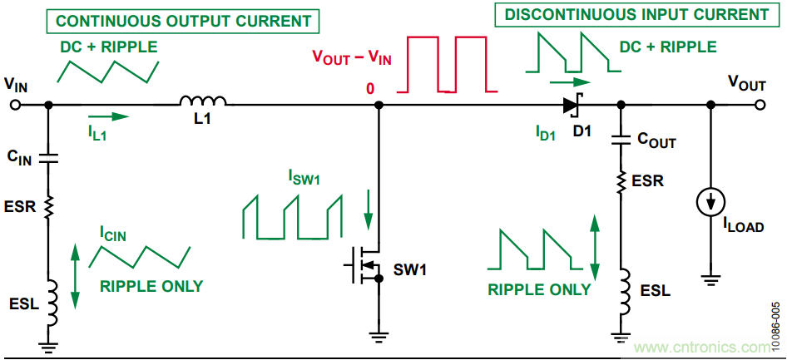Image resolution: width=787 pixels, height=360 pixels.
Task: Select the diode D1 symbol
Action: coord(572,106)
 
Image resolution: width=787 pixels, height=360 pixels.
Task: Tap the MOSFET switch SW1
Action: coord(364,268)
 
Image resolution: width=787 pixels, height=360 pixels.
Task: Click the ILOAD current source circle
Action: coord(711,200)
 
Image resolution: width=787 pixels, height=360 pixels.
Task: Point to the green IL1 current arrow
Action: coord(108,116)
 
